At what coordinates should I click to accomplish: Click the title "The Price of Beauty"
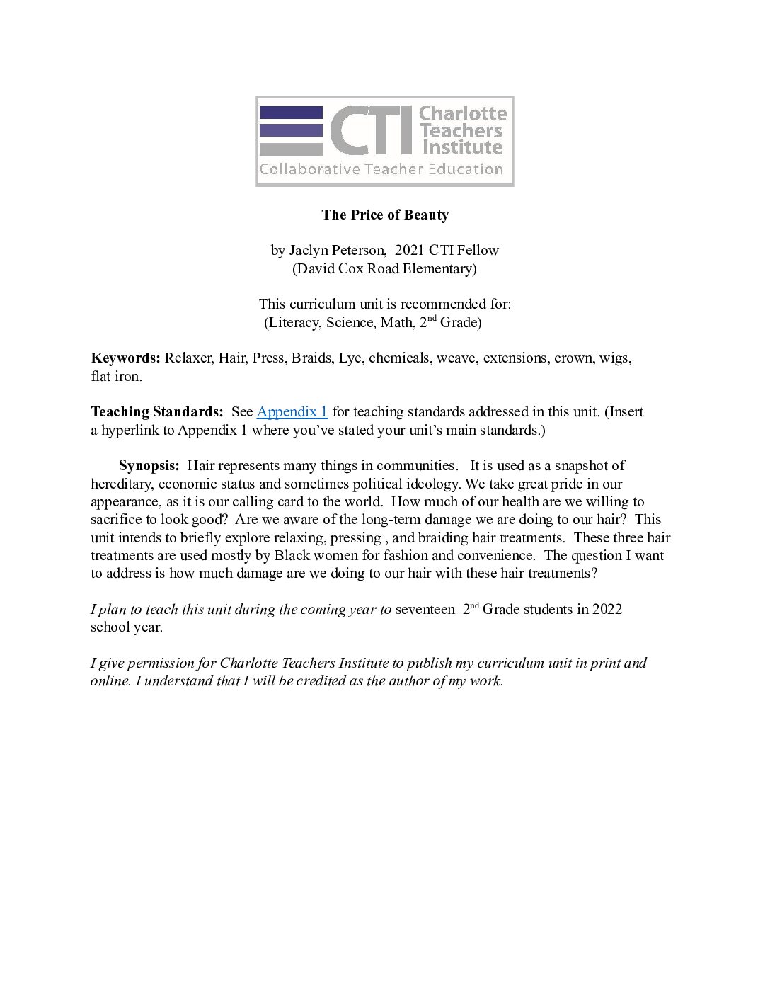click(x=385, y=215)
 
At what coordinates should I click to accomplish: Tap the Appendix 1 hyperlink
click(x=292, y=411)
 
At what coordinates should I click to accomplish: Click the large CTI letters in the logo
click(x=371, y=131)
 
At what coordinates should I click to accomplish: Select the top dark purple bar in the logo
click(x=291, y=112)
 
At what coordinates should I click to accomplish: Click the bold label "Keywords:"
click(x=126, y=358)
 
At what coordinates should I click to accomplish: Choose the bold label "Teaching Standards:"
click(x=157, y=411)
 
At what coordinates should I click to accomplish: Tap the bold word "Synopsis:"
click(x=149, y=465)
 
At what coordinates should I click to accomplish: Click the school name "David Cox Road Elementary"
click(x=384, y=268)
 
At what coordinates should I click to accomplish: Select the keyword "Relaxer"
click(x=188, y=358)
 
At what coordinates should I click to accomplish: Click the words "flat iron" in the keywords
click(x=116, y=376)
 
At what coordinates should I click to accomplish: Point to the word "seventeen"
click(x=425, y=609)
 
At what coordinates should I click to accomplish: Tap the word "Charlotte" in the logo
click(x=463, y=113)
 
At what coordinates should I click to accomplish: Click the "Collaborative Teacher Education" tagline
click(x=381, y=169)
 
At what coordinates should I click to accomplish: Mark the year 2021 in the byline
click(x=409, y=250)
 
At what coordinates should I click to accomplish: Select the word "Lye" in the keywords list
click(x=350, y=358)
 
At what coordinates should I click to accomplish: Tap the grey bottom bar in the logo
click(x=291, y=149)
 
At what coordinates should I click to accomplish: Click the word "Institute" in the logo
click(x=462, y=147)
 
